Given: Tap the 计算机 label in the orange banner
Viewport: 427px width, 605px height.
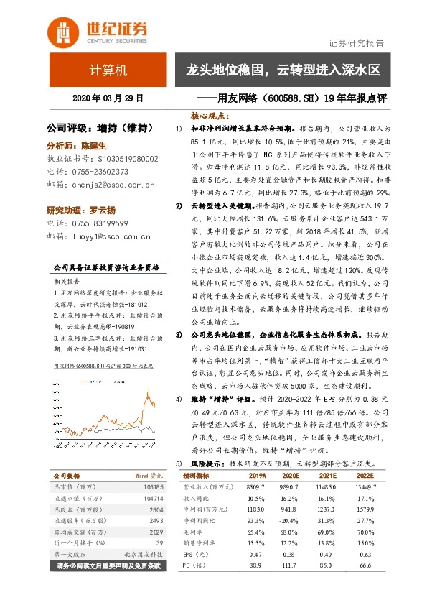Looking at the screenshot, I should click(108, 70).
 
